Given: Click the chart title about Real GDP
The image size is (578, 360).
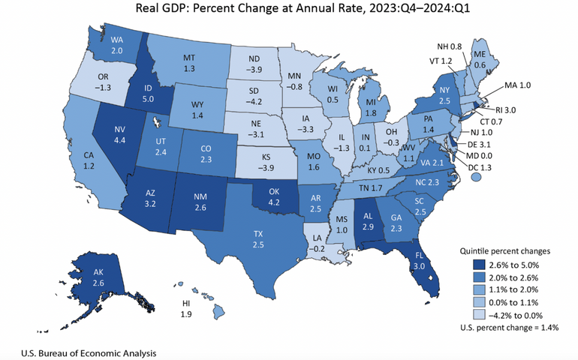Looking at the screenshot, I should click(288, 10).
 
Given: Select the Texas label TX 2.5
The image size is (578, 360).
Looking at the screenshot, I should click(257, 239).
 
